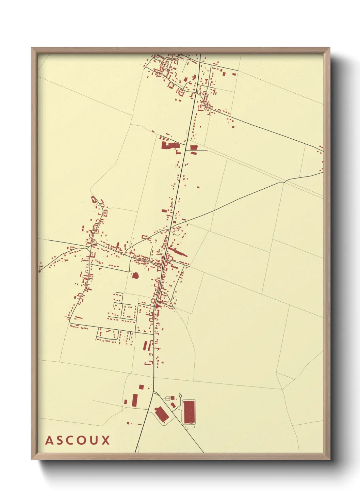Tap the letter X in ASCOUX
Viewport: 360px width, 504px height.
[x=105, y=440]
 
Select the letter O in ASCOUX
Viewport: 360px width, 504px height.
[x=82, y=440]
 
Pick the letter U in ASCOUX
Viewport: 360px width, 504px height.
[x=94, y=440]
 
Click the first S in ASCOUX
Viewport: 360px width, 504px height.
[x=60, y=440]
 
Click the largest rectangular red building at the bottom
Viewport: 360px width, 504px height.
[x=189, y=412]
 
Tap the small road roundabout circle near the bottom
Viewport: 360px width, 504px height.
[x=180, y=396]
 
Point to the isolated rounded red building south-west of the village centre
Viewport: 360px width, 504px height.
[x=135, y=275]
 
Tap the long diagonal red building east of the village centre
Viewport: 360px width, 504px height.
[x=178, y=252]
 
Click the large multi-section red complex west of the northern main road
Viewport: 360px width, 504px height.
[x=169, y=145]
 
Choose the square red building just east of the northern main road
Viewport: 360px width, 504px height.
[x=194, y=147]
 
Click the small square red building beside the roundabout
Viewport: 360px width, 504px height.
[x=173, y=397]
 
